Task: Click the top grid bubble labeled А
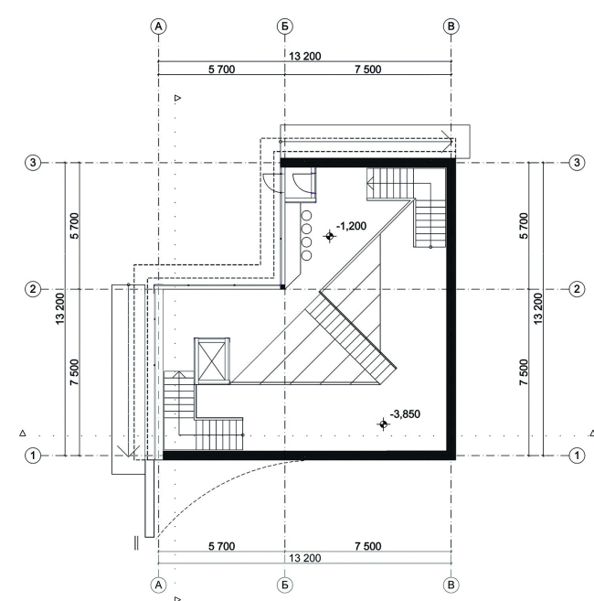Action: click(x=159, y=27)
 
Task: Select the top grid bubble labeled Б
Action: click(x=284, y=27)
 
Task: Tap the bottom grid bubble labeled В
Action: click(x=451, y=585)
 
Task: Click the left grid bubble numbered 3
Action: click(x=33, y=163)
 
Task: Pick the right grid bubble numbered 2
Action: click(x=577, y=289)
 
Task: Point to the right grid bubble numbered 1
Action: click(x=577, y=456)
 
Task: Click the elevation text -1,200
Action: click(x=351, y=226)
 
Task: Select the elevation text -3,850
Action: click(x=405, y=414)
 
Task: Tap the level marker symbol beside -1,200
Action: click(x=329, y=236)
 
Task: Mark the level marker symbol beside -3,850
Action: click(x=384, y=424)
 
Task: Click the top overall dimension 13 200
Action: click(x=305, y=57)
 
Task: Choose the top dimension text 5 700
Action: click(x=222, y=70)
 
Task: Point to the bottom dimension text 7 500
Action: click(x=368, y=546)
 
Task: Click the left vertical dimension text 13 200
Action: click(x=60, y=309)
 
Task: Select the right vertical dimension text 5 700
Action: click(x=524, y=226)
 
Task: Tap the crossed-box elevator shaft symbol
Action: click(x=212, y=361)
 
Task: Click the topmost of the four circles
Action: click(x=306, y=215)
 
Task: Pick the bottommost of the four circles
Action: click(x=306, y=255)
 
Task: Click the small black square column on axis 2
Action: click(x=282, y=286)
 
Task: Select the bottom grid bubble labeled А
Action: click(x=159, y=585)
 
